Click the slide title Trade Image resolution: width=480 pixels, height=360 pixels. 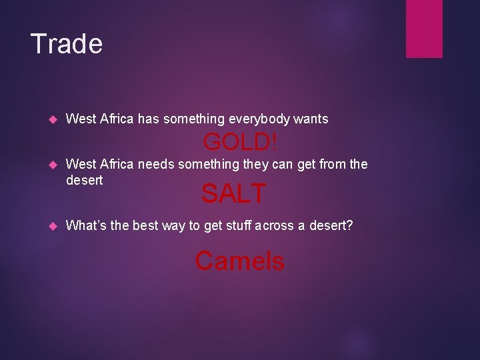[67, 44]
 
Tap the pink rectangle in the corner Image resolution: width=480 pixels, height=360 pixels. [424, 28]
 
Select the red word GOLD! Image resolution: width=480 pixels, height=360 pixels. [240, 142]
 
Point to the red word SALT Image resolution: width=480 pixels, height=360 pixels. [233, 194]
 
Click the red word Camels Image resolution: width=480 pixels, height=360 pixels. [239, 261]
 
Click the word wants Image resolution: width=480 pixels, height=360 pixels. [311, 119]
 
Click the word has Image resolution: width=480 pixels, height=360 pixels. [148, 119]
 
